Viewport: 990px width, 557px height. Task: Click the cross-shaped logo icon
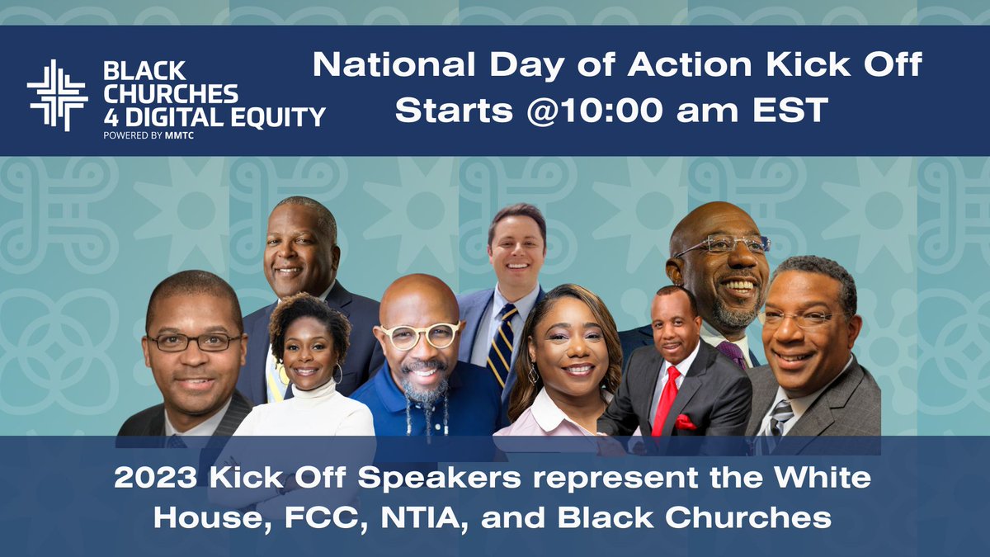57,95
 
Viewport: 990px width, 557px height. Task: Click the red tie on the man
664,400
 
